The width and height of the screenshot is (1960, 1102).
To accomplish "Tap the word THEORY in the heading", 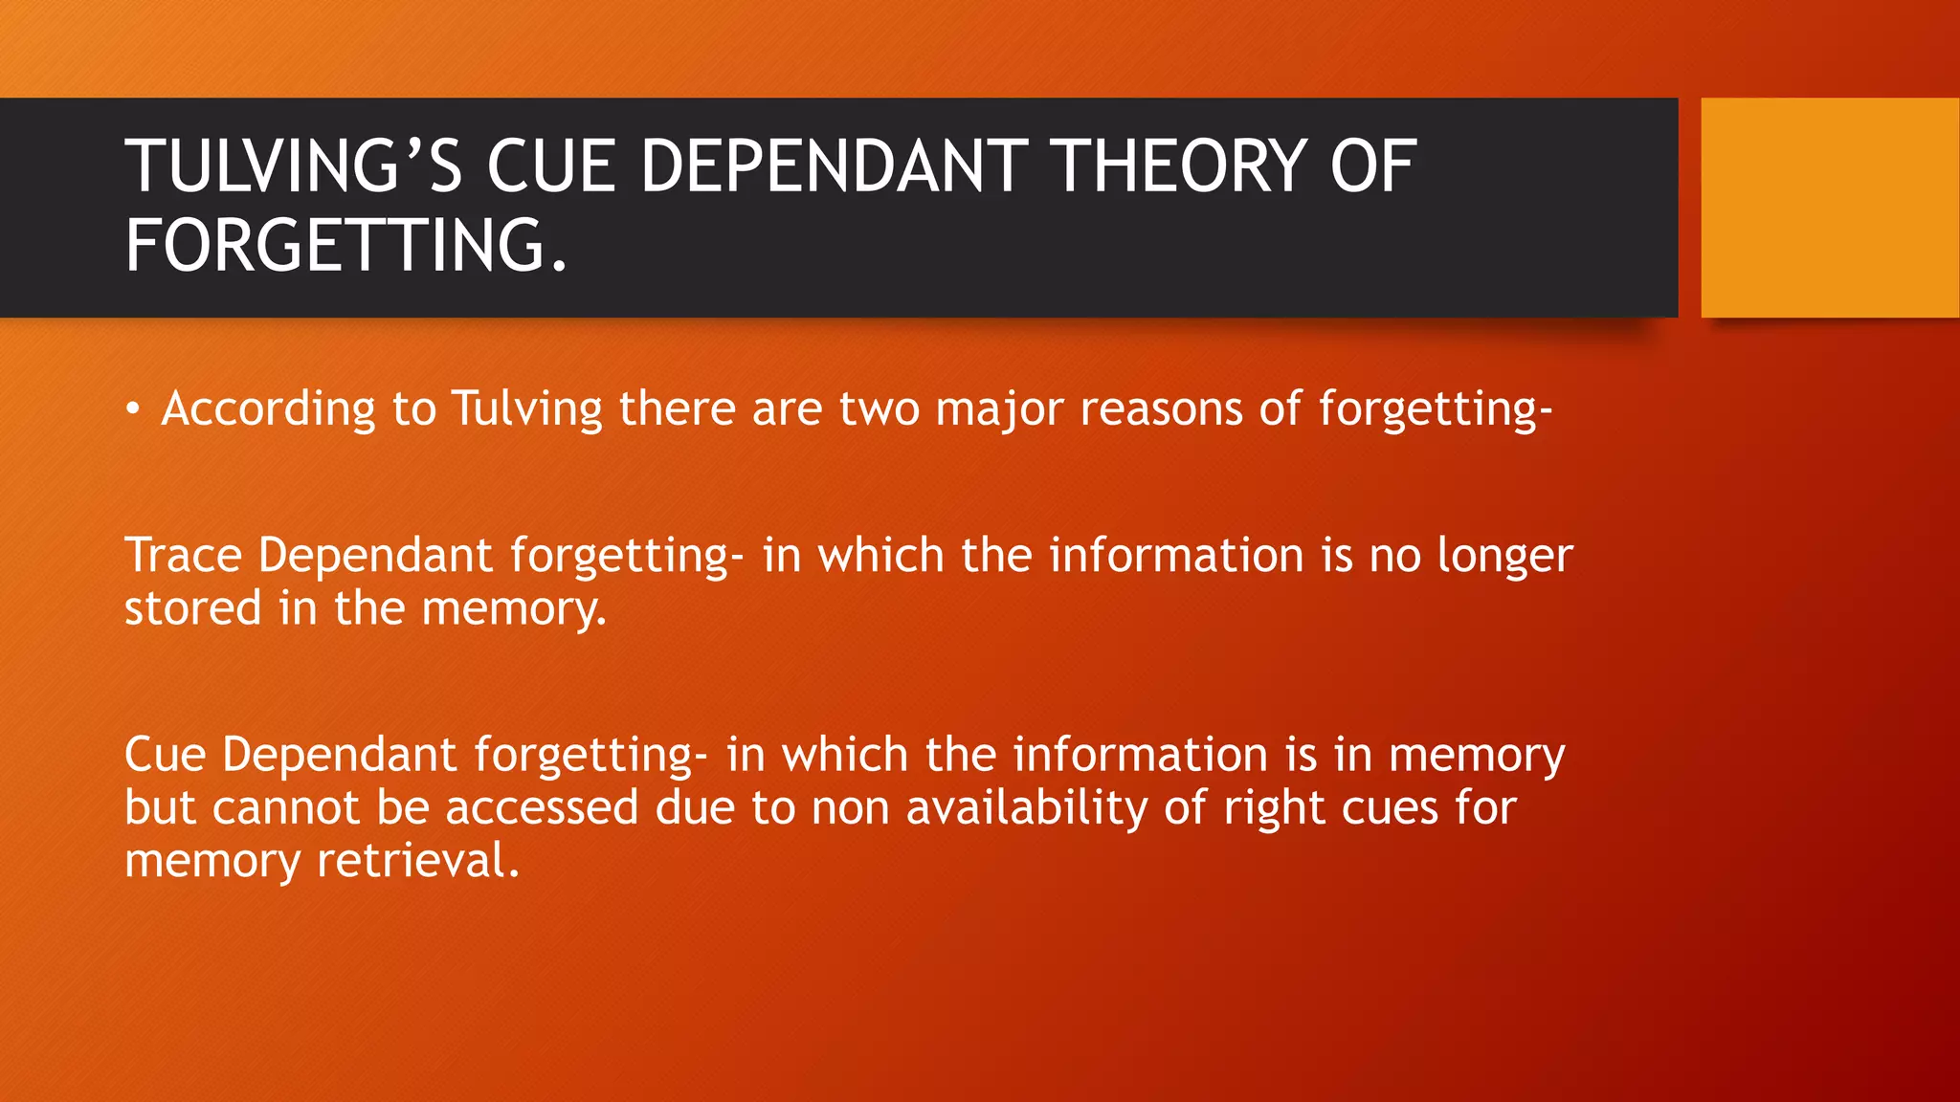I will pyautogui.click(x=1179, y=166).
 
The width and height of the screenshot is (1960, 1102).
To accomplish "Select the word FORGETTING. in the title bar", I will pyautogui.click(x=346, y=246).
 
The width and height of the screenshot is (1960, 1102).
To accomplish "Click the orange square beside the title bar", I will pyautogui.click(x=1830, y=208).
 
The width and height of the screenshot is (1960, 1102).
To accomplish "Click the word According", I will pyautogui.click(x=268, y=409).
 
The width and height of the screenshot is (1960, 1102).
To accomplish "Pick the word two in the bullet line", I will pyautogui.click(x=879, y=409).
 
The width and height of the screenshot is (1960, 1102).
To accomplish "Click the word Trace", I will pyautogui.click(x=183, y=556).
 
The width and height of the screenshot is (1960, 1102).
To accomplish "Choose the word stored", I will pyautogui.click(x=192, y=608).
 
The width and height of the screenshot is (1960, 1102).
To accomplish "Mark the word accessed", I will pyautogui.click(x=542, y=807).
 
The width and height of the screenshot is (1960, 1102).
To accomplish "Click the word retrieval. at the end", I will pyautogui.click(x=418, y=861).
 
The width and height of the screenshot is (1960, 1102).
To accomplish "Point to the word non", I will pyautogui.click(x=851, y=809).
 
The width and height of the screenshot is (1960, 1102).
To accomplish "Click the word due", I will pyautogui.click(x=694, y=807).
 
